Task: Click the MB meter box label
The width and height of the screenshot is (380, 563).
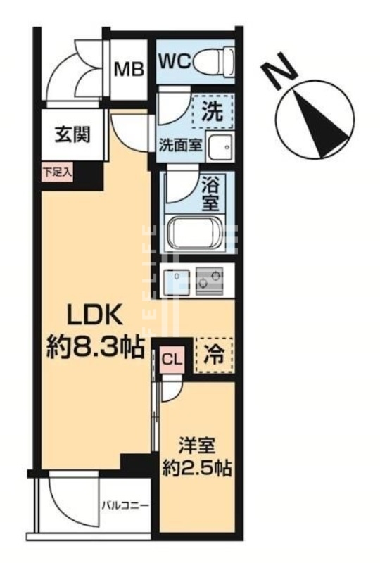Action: [129, 70]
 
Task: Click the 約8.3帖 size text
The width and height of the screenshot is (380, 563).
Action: [96, 346]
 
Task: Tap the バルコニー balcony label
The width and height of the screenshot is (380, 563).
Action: [124, 505]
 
